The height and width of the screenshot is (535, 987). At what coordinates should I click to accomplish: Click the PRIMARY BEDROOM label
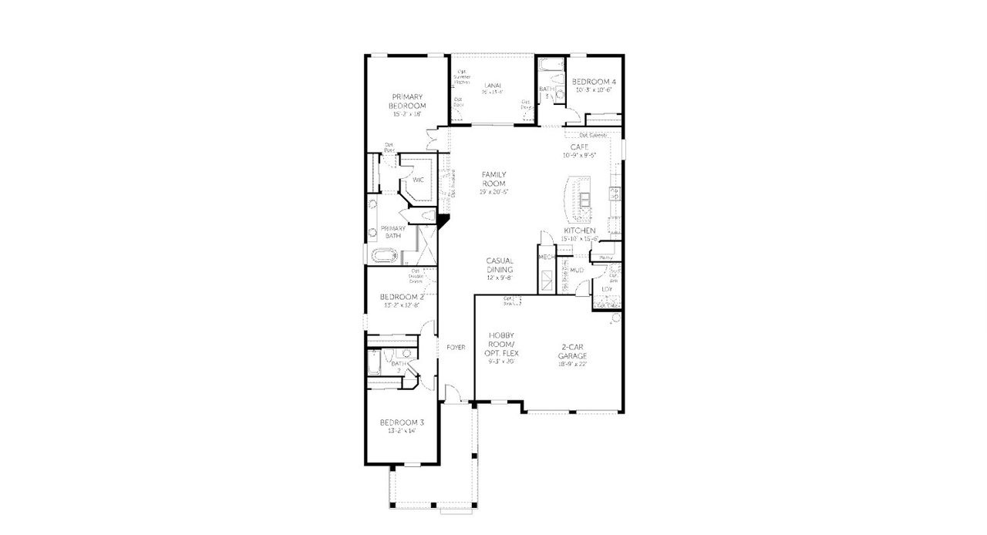[x=408, y=101]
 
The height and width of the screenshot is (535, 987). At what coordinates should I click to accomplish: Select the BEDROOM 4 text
[x=594, y=82]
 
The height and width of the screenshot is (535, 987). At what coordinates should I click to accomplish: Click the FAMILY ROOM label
[x=493, y=179]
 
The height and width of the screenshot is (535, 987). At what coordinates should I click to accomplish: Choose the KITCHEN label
[x=580, y=230]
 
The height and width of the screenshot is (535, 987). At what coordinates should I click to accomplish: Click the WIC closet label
[x=418, y=180]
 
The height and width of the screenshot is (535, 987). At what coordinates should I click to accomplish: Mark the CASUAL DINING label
[x=500, y=265]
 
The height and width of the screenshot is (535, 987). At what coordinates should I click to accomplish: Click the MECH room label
[x=547, y=257]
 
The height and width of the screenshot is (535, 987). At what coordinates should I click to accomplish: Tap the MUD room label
[x=577, y=271]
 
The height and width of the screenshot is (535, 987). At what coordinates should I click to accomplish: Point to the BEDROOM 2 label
[x=402, y=297]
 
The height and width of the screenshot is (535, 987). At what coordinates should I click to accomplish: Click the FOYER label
[x=456, y=348]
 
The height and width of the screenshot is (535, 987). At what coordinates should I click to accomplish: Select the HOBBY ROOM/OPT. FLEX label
[x=501, y=348]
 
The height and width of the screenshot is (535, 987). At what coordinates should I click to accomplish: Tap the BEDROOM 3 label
[x=402, y=422]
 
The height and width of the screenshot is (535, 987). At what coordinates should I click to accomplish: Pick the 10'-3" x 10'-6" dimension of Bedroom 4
[x=594, y=90]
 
